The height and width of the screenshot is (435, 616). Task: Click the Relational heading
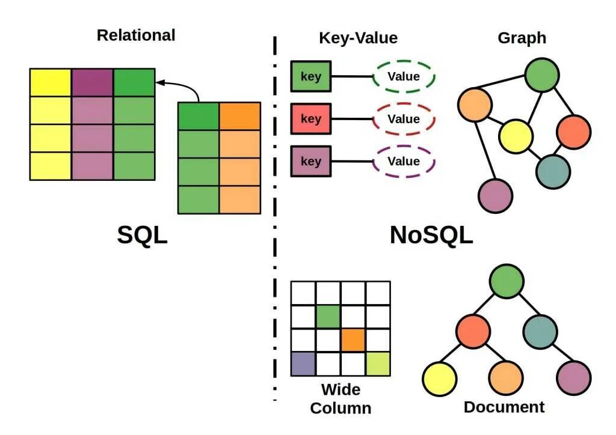136,35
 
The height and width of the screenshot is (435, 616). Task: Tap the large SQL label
142,236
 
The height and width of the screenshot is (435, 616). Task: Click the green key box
310,77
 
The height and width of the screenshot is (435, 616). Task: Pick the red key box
310,119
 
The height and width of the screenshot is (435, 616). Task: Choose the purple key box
310,161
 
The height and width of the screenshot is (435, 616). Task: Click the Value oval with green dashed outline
404,77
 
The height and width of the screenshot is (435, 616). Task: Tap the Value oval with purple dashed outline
404,161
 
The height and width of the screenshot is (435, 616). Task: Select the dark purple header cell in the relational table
93,82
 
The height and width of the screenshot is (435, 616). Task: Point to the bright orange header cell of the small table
240,116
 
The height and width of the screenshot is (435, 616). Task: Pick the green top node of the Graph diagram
543,75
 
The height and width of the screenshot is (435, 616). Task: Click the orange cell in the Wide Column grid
353,340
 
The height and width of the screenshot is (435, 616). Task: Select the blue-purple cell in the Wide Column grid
303,364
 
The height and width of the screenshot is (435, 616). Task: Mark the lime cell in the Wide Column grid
378,364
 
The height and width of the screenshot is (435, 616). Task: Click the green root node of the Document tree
507,282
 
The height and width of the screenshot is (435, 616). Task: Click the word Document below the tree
504,407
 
